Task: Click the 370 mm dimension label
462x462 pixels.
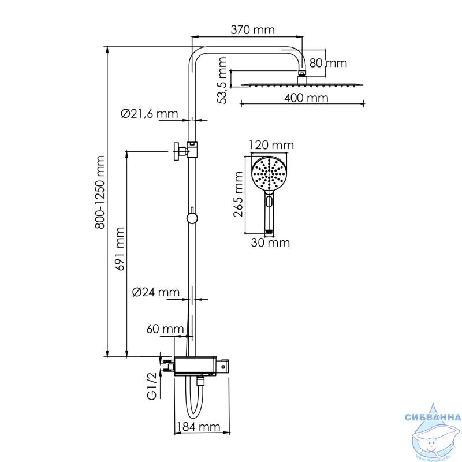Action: pos(252,30)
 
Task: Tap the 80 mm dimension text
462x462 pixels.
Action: pos(328,63)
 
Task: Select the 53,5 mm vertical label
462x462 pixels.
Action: pos(222,80)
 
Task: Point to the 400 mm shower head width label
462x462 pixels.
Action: pos(306,98)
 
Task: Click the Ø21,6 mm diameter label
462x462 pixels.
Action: pos(150,113)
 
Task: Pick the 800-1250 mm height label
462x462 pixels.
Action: pos(100,192)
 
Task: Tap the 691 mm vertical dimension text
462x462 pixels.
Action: pos(120,249)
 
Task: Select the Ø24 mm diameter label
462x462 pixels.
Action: pos(156,292)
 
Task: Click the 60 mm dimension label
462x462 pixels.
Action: pos(165,329)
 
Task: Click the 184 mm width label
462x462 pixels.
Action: pos(199,427)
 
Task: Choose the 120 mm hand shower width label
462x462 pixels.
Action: pos(271,145)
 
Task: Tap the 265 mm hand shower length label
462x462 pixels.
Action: pos(238,195)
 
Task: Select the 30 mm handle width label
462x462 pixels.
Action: pos(270,243)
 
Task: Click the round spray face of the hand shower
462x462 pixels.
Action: pos(269,174)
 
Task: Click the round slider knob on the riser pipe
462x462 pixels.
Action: pos(192,218)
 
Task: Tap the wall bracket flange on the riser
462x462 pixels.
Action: pos(176,151)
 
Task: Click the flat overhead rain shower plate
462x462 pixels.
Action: pos(303,85)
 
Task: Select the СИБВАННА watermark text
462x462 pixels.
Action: pos(433,418)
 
